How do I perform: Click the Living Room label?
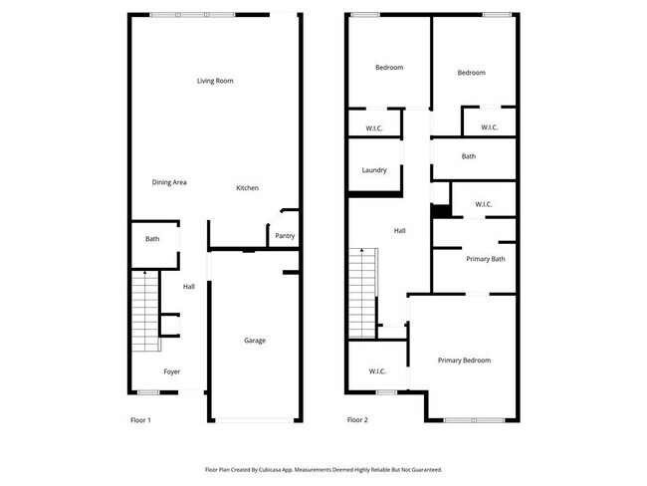215,81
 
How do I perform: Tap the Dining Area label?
169,182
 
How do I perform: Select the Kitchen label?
248,188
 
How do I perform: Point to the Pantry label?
285,236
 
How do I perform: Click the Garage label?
255,341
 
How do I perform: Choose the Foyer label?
172,371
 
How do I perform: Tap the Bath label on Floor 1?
152,239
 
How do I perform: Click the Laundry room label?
374,170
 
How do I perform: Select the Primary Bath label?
486,259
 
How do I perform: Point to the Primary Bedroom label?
464,361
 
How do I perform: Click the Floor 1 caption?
141,421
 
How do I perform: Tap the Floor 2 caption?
357,421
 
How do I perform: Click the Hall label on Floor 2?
399,231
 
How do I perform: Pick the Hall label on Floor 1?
188,287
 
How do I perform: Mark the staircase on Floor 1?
145,311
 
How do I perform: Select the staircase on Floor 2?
362,294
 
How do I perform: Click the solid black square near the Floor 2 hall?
439,211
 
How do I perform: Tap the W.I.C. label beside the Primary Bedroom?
377,371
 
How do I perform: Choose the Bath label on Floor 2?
468,156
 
